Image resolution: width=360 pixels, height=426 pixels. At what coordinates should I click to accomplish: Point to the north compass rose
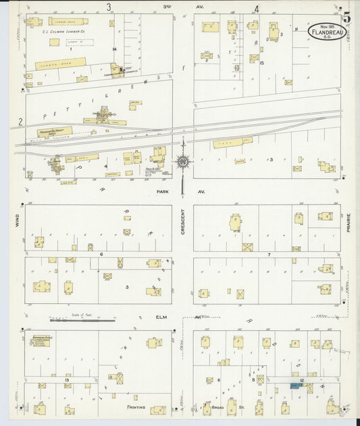(182, 161)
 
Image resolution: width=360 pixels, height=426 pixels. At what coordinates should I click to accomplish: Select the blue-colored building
(296, 385)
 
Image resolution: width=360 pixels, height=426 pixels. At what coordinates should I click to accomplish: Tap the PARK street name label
(161, 191)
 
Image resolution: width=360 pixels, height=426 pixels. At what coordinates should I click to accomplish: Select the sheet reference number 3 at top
(108, 7)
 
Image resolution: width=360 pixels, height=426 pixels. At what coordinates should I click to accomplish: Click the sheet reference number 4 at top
(256, 9)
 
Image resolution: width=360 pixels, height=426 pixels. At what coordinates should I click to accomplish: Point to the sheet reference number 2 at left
(21, 122)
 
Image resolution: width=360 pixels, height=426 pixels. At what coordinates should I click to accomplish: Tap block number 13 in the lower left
(67, 380)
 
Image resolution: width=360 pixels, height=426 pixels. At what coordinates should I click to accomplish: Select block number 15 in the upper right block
(260, 63)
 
